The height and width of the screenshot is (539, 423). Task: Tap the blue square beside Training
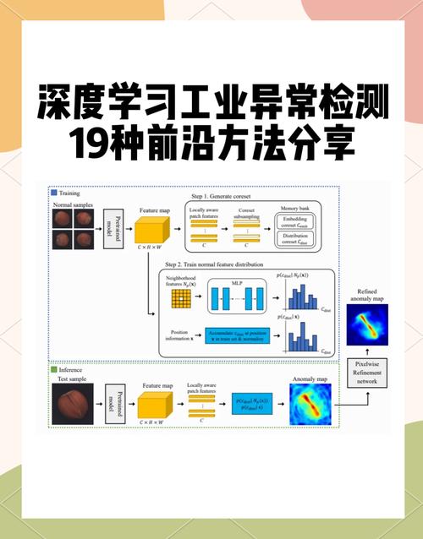coord(54,193)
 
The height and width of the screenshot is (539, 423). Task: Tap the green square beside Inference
coord(54,369)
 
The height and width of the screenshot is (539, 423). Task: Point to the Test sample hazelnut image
coord(71,405)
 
